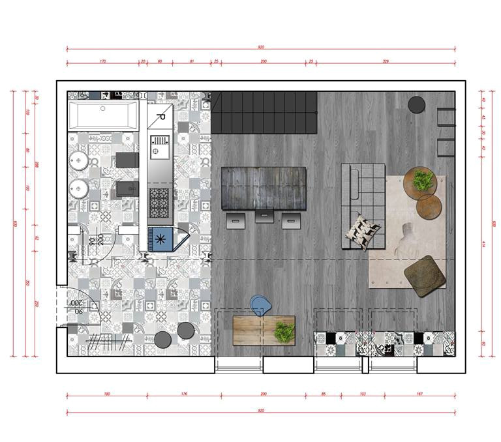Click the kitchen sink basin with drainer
160,147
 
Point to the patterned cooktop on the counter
159,203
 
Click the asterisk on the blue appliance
160,238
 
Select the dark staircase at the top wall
265,112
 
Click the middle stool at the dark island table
264,215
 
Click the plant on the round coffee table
423,180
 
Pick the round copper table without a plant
429,207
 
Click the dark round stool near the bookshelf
417,104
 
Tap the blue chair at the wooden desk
260,304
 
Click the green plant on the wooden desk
284,332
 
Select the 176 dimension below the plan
183,394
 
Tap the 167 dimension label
420,394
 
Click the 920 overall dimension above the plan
261,47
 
